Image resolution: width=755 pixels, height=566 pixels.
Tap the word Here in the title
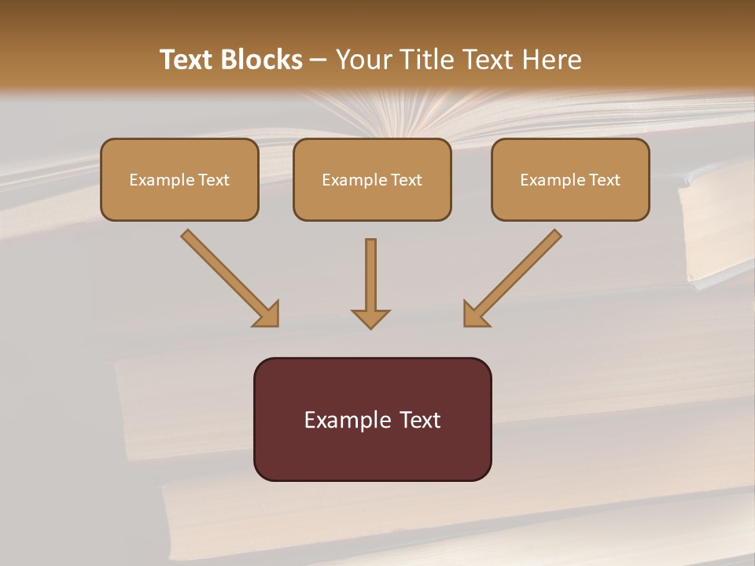(x=552, y=60)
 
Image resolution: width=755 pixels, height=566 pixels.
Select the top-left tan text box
(x=179, y=180)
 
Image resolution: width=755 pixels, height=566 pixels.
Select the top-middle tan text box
(x=372, y=180)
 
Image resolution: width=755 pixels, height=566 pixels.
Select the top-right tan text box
(x=570, y=180)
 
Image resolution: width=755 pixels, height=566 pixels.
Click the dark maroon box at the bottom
(x=372, y=419)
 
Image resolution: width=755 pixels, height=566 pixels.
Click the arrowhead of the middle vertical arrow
(x=370, y=318)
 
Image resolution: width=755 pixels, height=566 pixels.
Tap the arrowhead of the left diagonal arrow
(x=267, y=314)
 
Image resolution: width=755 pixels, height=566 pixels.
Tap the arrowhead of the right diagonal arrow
(x=474, y=314)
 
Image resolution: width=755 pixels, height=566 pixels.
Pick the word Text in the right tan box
(x=605, y=180)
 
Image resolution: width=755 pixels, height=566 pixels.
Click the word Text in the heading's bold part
(x=188, y=60)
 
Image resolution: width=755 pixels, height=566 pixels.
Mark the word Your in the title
(x=362, y=60)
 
